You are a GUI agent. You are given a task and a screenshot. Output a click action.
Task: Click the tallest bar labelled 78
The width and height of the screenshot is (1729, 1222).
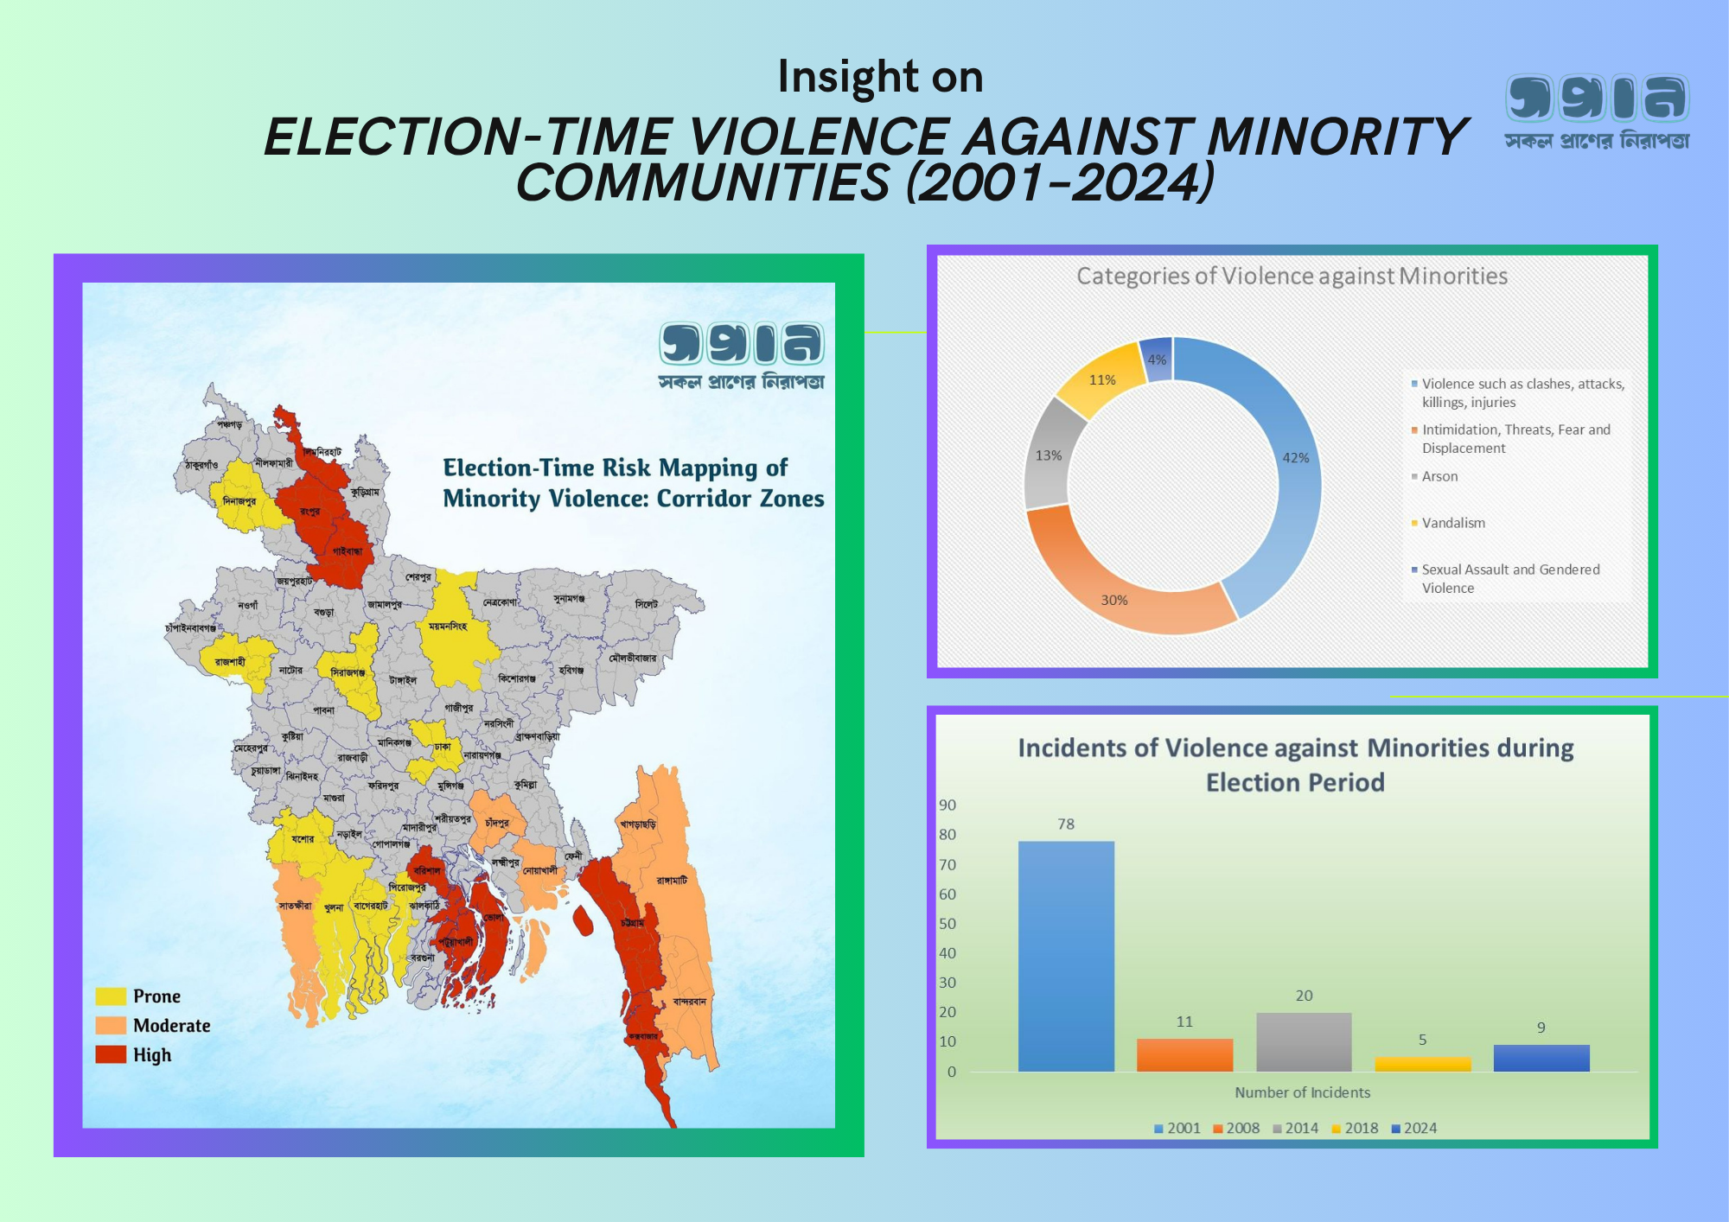pos(1066,956)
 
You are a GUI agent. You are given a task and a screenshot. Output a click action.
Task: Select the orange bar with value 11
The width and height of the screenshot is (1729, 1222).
pos(1184,1055)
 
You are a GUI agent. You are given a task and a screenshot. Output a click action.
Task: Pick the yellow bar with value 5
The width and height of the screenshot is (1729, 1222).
pos(1422,1064)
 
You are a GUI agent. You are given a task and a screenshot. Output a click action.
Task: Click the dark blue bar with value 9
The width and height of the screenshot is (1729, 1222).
pos(1541,1058)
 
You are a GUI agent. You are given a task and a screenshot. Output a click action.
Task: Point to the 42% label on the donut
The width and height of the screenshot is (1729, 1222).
pos(1295,458)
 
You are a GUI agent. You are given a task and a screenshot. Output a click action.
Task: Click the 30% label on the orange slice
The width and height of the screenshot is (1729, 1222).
pos(1114,600)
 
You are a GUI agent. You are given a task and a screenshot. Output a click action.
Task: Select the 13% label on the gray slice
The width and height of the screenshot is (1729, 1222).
pos(1049,455)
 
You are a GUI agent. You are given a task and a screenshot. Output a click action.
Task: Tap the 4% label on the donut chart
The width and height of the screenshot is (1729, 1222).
pos(1157,360)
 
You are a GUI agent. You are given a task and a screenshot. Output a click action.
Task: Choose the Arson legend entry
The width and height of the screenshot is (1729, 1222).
pos(1439,476)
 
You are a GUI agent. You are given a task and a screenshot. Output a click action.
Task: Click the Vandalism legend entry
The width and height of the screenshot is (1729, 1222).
pos(1453,523)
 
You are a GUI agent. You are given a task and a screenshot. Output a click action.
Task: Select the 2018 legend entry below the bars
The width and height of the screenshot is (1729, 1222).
pos(1355,1128)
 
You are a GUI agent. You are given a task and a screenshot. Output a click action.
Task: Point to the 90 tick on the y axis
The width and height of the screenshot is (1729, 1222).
pos(947,805)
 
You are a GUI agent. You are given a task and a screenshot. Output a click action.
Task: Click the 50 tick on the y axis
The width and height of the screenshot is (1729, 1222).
pos(947,924)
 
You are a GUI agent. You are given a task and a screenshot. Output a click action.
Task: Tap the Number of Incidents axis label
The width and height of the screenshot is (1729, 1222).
pos(1302,1092)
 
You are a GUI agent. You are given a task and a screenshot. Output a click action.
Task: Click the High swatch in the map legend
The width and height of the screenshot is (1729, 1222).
pos(111,1054)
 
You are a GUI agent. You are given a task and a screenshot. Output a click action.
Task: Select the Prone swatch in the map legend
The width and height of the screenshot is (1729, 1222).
pos(111,996)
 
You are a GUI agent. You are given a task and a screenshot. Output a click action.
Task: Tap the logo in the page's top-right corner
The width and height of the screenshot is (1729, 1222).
pos(1597,111)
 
